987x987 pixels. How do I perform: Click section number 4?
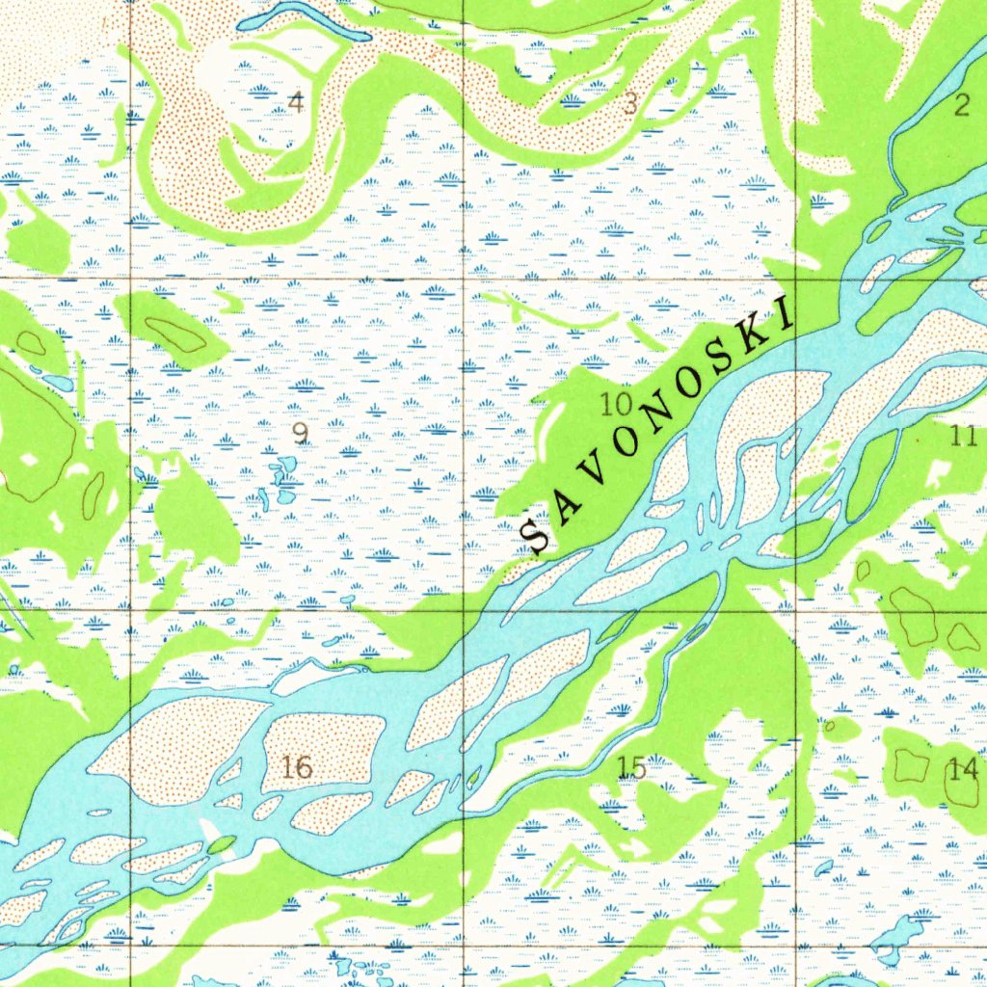(x=297, y=101)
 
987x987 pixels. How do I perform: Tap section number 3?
(x=629, y=104)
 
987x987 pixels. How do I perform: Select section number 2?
(x=962, y=106)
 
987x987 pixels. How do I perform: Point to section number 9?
(x=301, y=434)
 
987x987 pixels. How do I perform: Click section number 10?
(x=616, y=403)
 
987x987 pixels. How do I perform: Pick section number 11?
(x=963, y=436)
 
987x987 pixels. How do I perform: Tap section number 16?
(x=298, y=767)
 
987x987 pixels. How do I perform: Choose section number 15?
(x=631, y=767)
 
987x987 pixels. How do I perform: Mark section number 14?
(x=962, y=769)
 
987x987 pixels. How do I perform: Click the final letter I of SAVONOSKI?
(x=785, y=314)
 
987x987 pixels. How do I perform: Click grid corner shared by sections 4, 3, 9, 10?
(x=464, y=279)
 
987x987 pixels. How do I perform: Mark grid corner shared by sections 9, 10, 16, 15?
(x=464, y=610)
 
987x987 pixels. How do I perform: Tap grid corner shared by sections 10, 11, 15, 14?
(x=797, y=610)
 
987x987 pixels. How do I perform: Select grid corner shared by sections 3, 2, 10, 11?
(x=796, y=279)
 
